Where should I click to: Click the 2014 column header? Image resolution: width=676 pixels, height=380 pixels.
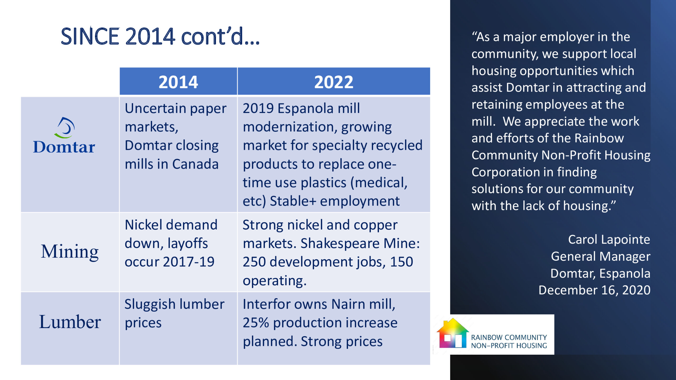[178, 82]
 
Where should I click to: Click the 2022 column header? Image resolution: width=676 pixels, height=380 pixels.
[334, 82]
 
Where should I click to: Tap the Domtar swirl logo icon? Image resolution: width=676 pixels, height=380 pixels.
[64, 128]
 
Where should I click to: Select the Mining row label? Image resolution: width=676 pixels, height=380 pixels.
[70, 252]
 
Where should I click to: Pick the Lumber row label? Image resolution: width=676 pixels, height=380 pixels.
[70, 322]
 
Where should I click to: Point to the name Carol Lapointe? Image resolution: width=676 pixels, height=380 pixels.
[609, 239]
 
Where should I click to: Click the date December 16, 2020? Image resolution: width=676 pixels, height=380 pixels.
[594, 290]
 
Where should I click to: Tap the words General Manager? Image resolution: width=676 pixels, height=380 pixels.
[600, 256]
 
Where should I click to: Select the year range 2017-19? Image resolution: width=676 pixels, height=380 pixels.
[189, 262]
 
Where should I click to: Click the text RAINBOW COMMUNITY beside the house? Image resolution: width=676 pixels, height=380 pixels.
[509, 338]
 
